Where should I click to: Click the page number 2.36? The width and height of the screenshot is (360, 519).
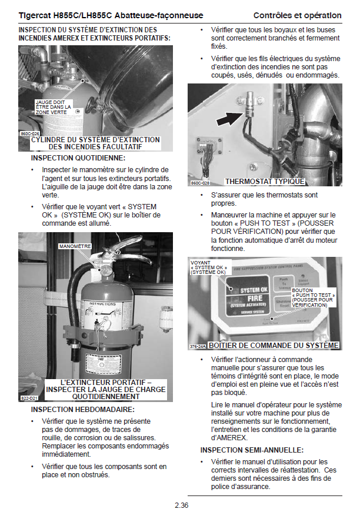180,504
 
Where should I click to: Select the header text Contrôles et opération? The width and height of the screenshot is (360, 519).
297,15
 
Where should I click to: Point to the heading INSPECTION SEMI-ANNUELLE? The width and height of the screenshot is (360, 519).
252,450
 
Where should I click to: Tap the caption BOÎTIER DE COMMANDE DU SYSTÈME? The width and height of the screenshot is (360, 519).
274,346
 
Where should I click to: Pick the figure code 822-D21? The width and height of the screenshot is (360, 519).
30,398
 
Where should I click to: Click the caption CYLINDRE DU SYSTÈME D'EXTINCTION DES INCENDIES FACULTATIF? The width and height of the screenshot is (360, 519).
96,143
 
